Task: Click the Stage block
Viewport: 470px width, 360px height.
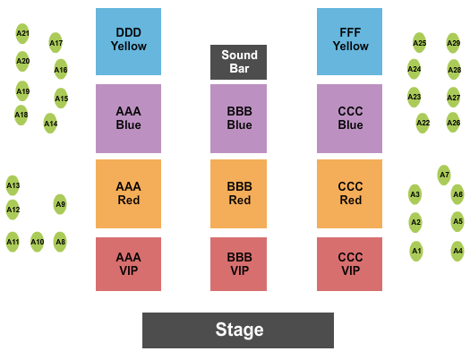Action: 238,330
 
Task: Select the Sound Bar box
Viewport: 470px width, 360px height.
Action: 239,62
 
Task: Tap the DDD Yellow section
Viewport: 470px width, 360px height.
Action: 128,41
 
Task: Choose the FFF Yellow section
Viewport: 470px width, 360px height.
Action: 349,41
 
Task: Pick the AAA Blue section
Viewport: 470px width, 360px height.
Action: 128,118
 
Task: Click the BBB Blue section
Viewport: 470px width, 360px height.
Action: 239,118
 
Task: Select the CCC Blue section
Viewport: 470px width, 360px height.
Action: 349,118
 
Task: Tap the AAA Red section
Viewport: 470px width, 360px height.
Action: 128,193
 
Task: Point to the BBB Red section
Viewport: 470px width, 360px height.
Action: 239,193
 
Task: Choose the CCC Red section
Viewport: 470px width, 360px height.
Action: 349,193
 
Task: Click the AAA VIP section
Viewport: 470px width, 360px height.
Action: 128,264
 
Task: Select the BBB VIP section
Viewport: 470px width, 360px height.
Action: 239,264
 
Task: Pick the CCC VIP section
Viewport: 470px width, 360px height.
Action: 349,264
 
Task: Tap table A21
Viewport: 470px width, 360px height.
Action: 22,34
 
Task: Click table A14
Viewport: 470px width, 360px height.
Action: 50,124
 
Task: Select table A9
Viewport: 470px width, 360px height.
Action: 60,204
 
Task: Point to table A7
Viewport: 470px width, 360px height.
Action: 444,174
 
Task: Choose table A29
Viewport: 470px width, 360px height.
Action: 453,42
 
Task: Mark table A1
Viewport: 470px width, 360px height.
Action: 416,251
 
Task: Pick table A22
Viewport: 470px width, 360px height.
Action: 423,123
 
